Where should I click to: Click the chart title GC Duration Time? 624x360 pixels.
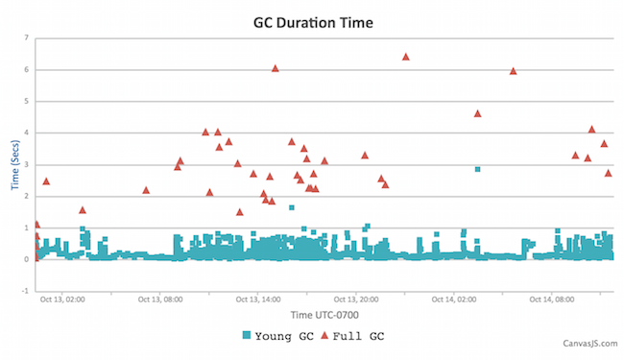point(311,18)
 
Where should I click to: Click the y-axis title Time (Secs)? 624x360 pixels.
point(15,163)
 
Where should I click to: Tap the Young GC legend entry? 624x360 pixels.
point(278,336)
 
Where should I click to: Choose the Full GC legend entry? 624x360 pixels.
point(354,336)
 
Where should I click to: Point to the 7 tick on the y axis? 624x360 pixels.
point(26,38)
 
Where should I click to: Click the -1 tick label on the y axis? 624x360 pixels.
point(25,291)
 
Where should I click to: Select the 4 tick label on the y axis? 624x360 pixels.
point(26,132)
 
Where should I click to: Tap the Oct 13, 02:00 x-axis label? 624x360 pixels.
point(62,300)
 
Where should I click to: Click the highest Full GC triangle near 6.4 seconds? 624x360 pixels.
point(405,57)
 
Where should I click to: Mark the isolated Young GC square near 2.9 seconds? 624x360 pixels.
point(477,169)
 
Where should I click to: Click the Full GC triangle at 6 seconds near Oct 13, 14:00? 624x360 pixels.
point(275,68)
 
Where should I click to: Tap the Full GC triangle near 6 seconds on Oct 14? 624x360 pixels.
point(513,71)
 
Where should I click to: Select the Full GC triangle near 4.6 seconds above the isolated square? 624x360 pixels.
point(477,113)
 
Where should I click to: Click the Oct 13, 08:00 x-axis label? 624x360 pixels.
point(160,300)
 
